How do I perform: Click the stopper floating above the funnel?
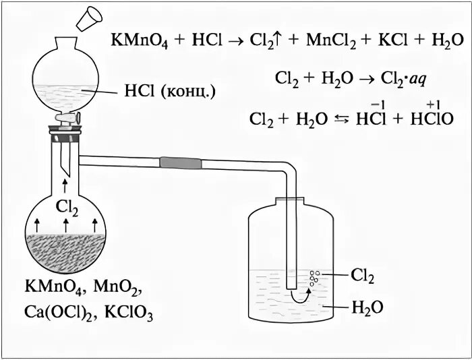click(89, 18)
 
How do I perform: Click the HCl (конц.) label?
click(170, 90)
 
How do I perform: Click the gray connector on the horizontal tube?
click(181, 162)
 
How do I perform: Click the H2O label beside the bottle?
click(367, 307)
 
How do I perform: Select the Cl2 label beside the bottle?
click(362, 275)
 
